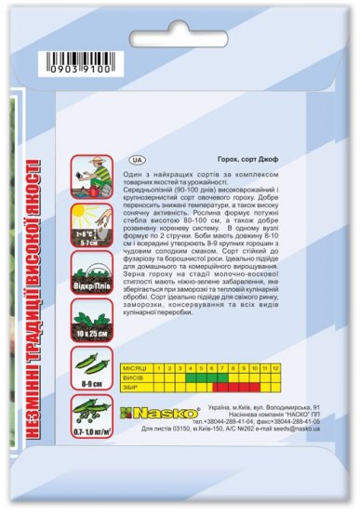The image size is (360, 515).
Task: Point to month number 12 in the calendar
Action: (x=275, y=368)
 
